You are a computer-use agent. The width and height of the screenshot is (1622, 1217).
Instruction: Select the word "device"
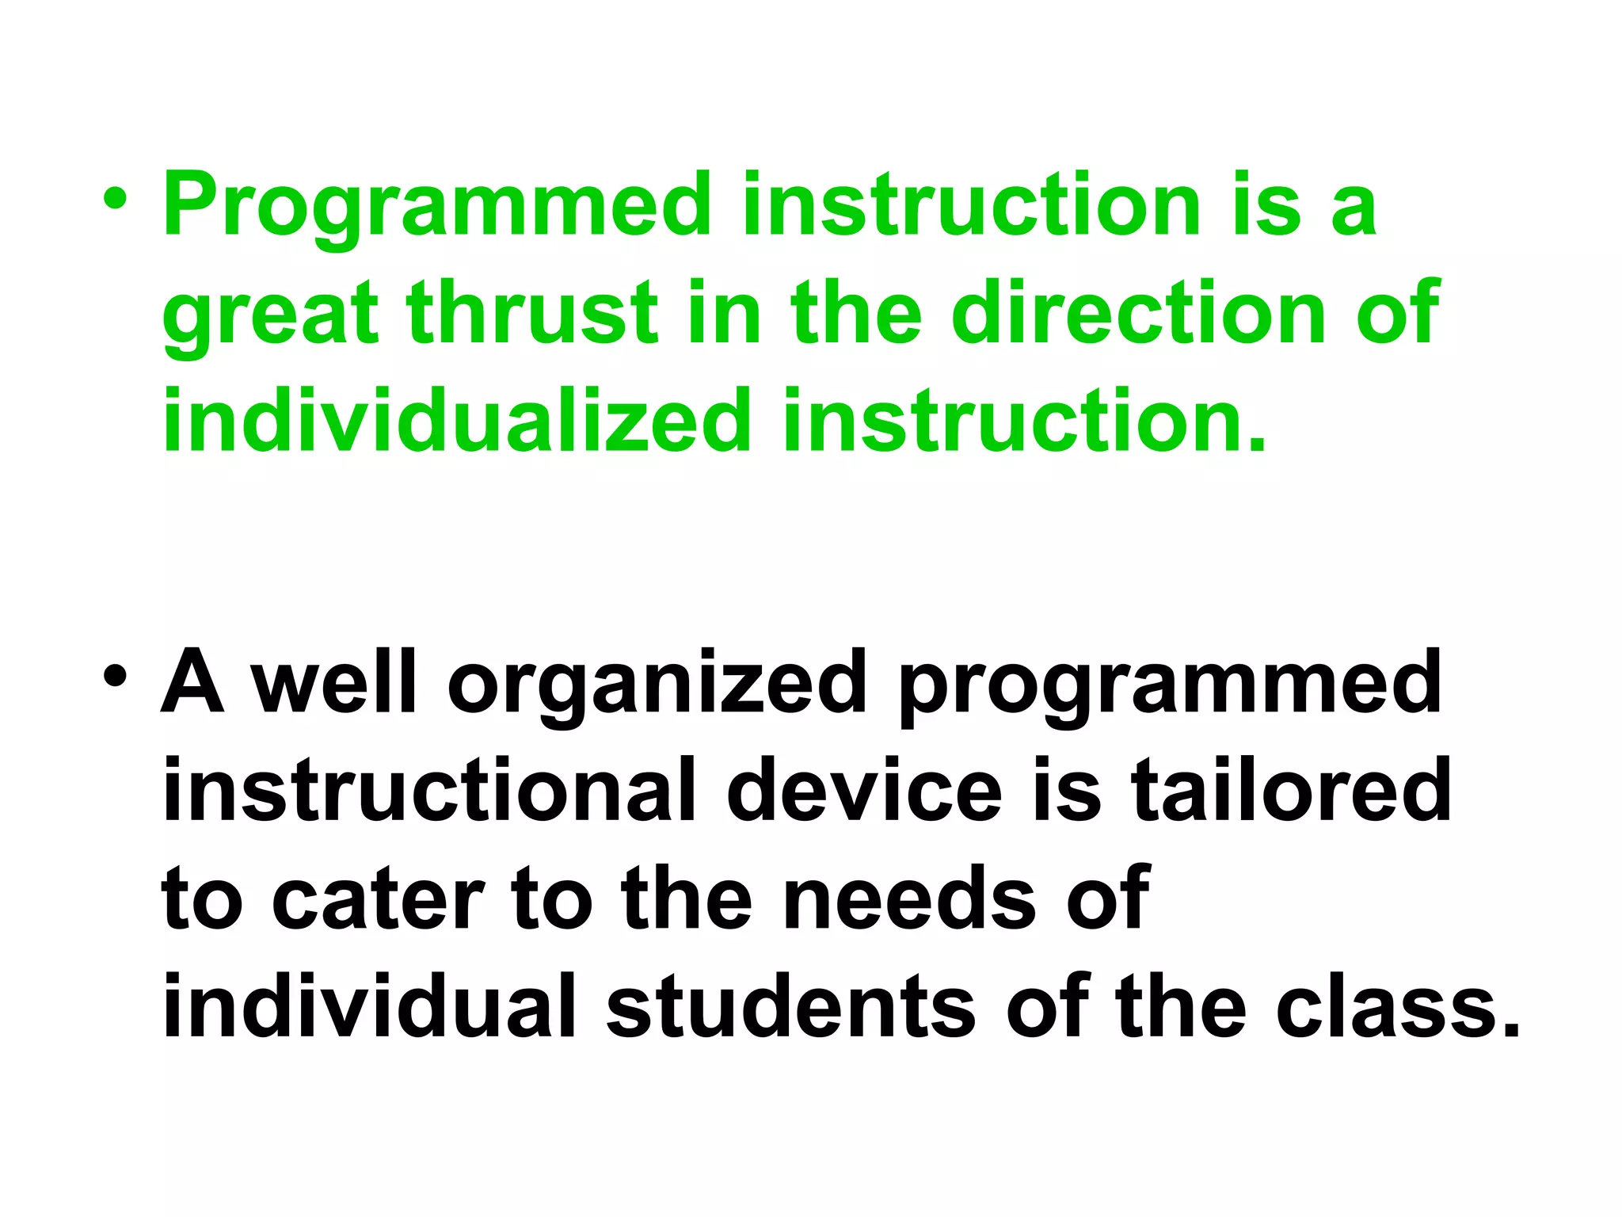[864, 791]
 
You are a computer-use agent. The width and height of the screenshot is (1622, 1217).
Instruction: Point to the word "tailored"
[1291, 791]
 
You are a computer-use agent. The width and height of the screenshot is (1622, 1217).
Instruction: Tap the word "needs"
[910, 900]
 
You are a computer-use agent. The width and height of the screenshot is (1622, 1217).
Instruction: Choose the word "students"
[791, 1006]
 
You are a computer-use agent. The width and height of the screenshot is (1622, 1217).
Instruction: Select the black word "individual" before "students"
[369, 1006]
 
